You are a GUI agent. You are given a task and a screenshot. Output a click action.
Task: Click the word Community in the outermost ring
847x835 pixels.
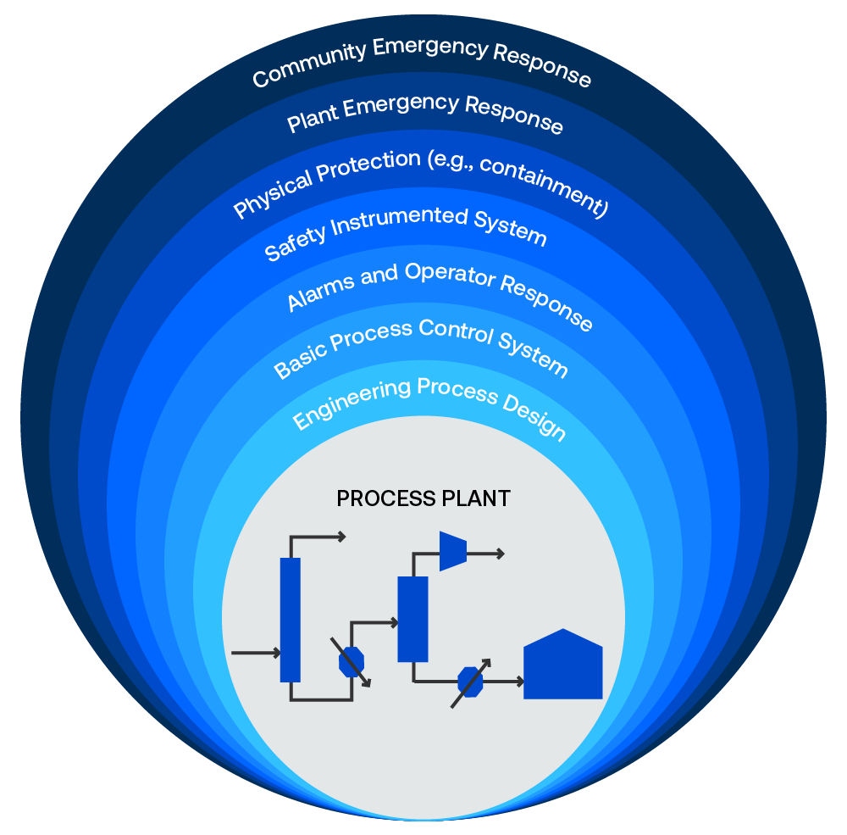pyautogui.click(x=310, y=64)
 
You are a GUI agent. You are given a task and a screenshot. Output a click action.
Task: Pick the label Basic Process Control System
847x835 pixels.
pyautogui.click(x=421, y=346)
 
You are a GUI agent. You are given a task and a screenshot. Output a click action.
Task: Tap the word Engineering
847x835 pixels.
pyautogui.click(x=352, y=404)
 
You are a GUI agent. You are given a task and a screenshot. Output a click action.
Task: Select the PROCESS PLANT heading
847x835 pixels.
pyautogui.click(x=423, y=498)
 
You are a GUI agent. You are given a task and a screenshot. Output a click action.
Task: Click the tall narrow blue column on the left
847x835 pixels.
pyautogui.click(x=290, y=620)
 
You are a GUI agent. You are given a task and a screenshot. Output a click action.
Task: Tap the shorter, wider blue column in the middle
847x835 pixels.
pyautogui.click(x=412, y=619)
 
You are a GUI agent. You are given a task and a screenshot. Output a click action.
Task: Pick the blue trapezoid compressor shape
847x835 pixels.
pyautogui.click(x=453, y=551)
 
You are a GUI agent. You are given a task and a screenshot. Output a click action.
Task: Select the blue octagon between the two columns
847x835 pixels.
pyautogui.click(x=352, y=662)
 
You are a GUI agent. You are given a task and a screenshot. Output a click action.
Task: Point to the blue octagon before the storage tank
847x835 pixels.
pyautogui.click(x=470, y=682)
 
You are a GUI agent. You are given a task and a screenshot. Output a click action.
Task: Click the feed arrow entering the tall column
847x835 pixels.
pyautogui.click(x=256, y=653)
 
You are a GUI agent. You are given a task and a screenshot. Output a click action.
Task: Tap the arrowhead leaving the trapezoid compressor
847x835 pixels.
pyautogui.click(x=501, y=554)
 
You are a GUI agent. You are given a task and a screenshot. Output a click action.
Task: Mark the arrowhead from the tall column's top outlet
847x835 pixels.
pyautogui.click(x=341, y=537)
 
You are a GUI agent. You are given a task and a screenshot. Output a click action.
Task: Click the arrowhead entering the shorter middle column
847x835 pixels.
pyautogui.click(x=394, y=623)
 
